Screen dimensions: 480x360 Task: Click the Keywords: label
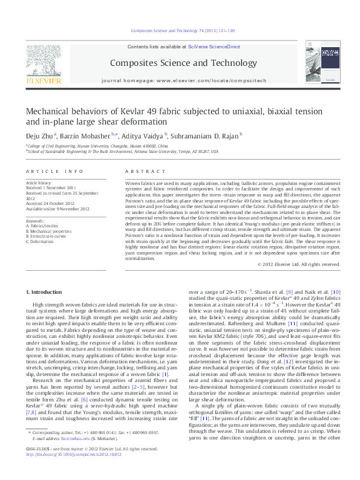click(x=35, y=221)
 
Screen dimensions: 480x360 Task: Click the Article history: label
click(x=39, y=182)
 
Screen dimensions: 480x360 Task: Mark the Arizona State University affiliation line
click(x=122, y=152)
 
